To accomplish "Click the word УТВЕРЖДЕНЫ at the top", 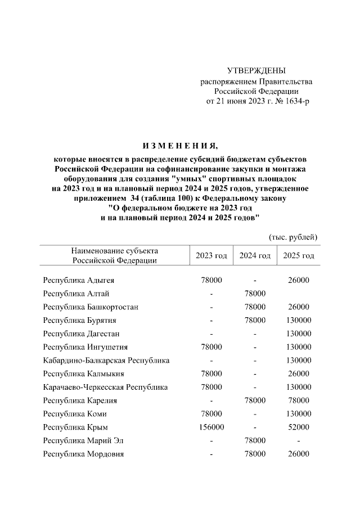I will (256, 70).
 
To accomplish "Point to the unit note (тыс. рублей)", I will (294, 237).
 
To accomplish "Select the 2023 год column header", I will (211, 255).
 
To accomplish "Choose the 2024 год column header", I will (255, 255).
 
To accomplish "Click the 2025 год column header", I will (298, 255).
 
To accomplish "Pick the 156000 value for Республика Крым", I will (211, 427).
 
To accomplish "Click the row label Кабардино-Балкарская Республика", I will (106, 360).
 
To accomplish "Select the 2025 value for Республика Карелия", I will (298, 400).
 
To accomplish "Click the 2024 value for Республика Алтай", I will (255, 294).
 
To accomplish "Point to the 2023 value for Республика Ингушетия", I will (211, 347).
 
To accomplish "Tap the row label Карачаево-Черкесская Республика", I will (105, 387).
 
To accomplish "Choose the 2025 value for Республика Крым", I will (298, 427).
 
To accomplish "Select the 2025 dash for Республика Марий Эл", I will (298, 440).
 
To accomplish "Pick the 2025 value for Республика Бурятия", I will (298, 320).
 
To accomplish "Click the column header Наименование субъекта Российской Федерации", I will (115, 255).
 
